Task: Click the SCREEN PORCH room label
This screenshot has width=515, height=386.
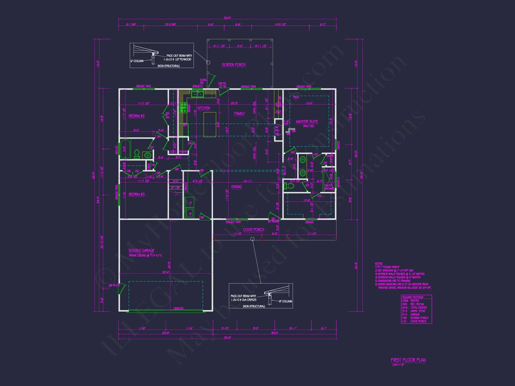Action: coord(234,65)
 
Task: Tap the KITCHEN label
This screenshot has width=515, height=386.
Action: coord(204,108)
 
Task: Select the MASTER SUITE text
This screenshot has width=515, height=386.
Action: coord(307,121)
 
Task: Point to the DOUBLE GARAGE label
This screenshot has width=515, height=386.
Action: coord(141,250)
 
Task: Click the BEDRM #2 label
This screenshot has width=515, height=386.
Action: coord(136,116)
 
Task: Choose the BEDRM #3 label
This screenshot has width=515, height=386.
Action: coord(136,194)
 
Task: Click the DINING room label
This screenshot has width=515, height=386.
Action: coord(236,187)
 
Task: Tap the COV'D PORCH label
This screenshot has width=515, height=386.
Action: coord(253,230)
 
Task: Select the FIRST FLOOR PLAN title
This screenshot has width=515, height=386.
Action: coord(408,360)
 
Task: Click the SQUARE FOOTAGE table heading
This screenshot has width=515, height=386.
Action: coord(413,297)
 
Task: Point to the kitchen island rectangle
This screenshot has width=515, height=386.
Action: coord(210,125)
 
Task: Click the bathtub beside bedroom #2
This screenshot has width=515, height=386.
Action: coord(125,149)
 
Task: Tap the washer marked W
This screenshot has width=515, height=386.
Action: coord(190,213)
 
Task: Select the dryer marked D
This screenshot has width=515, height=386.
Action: coord(190,203)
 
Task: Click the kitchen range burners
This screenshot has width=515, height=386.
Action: coord(184,108)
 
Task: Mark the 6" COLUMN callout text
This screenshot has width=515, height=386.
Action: coord(137,61)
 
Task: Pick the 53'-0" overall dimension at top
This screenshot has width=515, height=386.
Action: coord(227,18)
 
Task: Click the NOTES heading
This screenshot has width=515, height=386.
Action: coord(379,264)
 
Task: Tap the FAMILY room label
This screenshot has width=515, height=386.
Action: coord(239,113)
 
